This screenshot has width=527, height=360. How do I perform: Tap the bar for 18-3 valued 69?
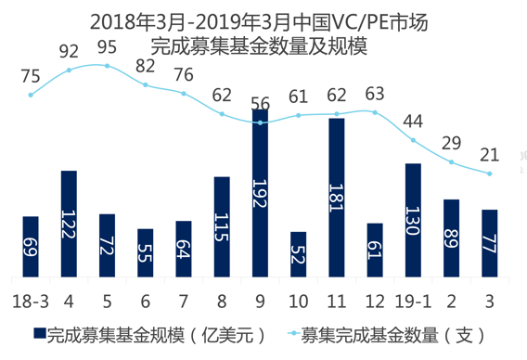point(31,246)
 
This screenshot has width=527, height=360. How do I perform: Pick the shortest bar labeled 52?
point(298,253)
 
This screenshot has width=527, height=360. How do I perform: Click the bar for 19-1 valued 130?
point(413,219)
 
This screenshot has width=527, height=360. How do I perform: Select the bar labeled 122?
point(69,223)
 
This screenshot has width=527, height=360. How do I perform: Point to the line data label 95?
point(107,46)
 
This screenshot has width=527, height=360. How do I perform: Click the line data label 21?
point(490,153)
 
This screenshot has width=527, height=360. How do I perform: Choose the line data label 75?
point(31,76)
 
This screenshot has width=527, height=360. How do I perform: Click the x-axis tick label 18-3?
point(31,301)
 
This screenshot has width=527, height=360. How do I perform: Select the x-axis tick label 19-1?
point(413,301)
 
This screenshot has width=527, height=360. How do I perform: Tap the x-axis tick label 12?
point(375,301)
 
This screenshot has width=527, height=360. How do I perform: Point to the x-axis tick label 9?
point(260,301)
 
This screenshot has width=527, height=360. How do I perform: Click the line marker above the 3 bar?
point(490,174)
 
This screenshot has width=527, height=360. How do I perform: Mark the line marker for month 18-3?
point(31,95)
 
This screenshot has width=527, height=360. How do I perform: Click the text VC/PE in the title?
point(341,19)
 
